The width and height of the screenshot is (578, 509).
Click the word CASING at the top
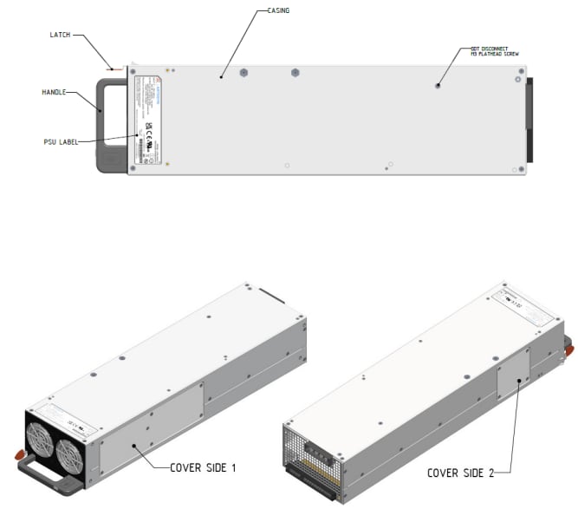pos(275,10)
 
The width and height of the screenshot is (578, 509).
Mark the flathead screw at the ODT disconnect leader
pos(439,85)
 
